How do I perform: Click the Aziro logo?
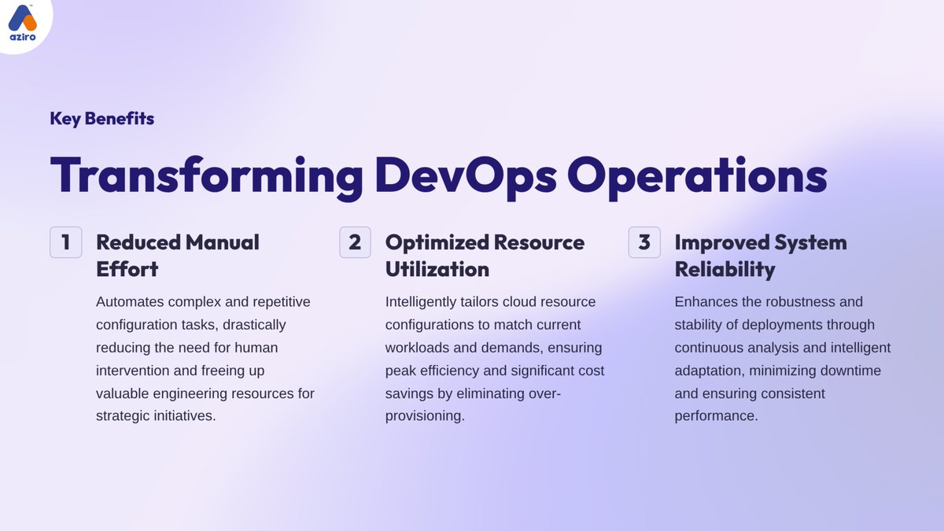tap(24, 24)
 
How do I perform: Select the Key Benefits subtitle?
tap(101, 119)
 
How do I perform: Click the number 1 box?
tap(66, 242)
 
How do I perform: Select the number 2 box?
tap(355, 242)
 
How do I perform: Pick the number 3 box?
tap(644, 242)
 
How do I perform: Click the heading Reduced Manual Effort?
tap(177, 255)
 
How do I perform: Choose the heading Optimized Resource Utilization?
tap(485, 255)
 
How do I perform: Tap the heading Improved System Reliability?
tap(760, 255)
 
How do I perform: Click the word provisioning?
tap(425, 416)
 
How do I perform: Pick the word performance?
tap(716, 416)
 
